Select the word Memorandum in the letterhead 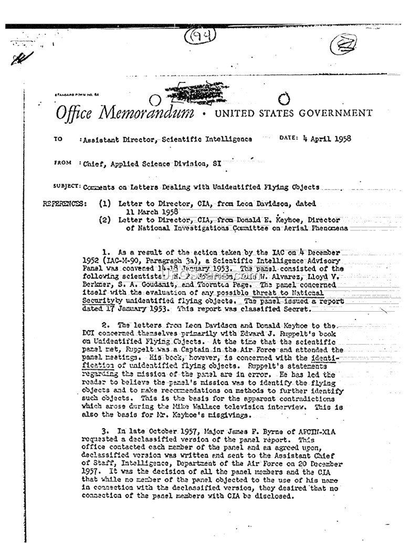click(x=150, y=113)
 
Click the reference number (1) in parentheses click(x=105, y=204)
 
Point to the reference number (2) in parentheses click(x=105, y=220)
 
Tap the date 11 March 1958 click(x=150, y=211)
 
